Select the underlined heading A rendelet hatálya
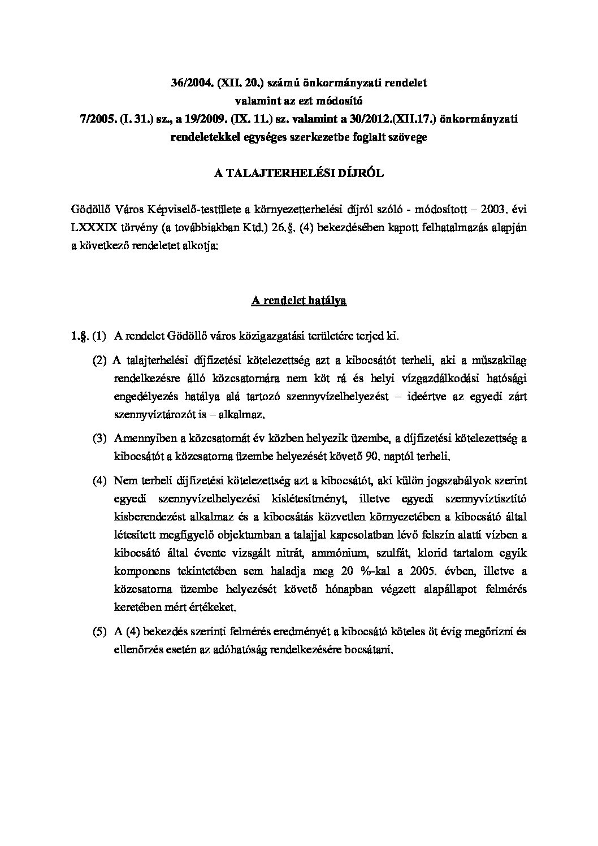point(299,301)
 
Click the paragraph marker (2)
point(100,361)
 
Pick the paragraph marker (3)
point(100,438)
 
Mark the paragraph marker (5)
point(100,632)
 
